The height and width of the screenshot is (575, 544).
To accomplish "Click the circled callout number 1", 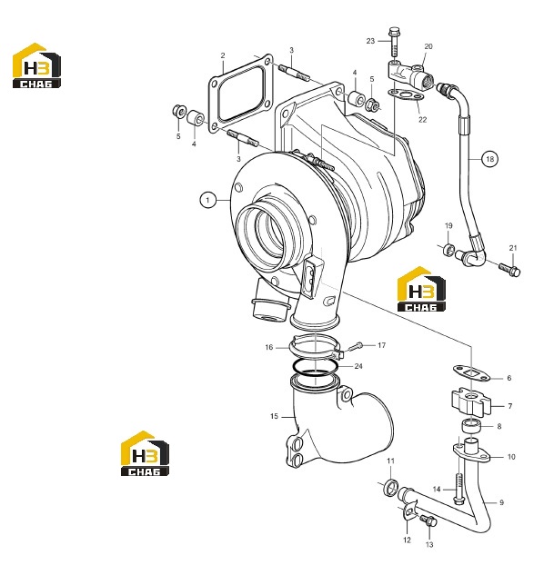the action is (208, 200).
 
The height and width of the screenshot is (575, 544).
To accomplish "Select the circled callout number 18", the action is (490, 159).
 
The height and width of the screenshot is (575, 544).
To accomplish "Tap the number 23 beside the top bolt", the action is (370, 41).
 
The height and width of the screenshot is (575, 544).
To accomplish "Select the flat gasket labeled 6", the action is (471, 372).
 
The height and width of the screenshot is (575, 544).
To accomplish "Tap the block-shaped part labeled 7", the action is (471, 402).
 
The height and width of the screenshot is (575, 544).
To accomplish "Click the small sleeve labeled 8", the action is (471, 427).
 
